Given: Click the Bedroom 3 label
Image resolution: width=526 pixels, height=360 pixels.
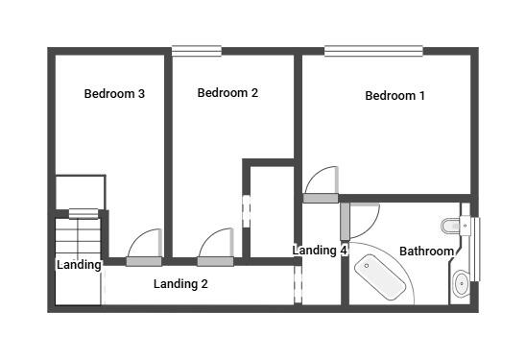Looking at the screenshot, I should click(114, 94).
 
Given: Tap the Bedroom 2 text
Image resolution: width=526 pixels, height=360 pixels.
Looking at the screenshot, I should click(227, 93).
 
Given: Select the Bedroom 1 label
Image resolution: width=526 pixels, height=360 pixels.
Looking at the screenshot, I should click(394, 96).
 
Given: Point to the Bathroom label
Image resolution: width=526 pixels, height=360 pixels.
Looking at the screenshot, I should click(426, 252).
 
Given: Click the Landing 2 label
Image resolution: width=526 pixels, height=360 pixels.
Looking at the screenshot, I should click(180, 284).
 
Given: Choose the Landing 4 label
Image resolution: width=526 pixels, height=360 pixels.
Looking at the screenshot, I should click(320, 251).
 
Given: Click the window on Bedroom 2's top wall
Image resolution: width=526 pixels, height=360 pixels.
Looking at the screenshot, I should click(196, 51).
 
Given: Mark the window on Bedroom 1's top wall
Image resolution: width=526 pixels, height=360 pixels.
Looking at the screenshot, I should click(372, 51).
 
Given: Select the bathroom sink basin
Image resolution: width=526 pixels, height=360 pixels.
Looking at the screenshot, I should click(461, 283).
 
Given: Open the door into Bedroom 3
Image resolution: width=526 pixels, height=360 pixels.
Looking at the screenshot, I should click(144, 260).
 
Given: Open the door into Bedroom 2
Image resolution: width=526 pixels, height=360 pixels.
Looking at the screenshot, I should click(215, 260).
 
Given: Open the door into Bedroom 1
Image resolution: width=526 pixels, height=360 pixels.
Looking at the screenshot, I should click(321, 198).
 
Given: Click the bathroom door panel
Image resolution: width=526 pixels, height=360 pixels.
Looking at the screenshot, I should click(344, 222).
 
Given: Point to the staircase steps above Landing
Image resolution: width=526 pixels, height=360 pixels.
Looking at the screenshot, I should click(78, 236).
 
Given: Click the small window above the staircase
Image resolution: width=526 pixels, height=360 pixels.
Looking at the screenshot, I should click(84, 213).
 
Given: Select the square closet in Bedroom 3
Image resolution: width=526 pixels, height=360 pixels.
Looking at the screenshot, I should click(79, 192).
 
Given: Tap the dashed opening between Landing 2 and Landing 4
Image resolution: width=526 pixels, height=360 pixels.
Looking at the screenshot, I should click(298, 285).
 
